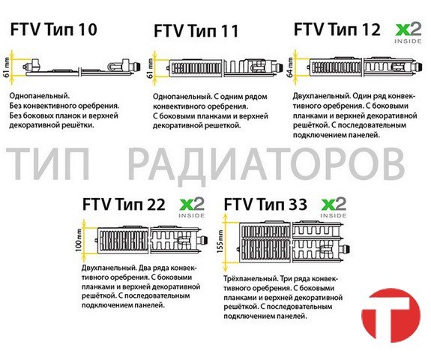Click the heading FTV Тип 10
pyautogui.click(x=54, y=29)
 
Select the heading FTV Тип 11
pyautogui.click(x=196, y=31)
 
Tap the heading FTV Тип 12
pyautogui.click(x=337, y=29)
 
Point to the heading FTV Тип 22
pyautogui.click(x=124, y=205)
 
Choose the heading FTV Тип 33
pyautogui.click(x=265, y=205)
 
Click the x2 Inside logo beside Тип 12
pyautogui.click(x=409, y=33)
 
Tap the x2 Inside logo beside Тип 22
pyautogui.click(x=192, y=208)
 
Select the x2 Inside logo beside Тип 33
pyautogui.click(x=334, y=208)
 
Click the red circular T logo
pyautogui.click(x=391, y=316)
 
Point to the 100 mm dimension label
pyautogui.click(x=79, y=240)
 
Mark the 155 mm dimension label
pyautogui.click(x=220, y=242)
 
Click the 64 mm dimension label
pyautogui.click(x=290, y=67)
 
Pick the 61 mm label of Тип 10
pyautogui.click(x=7, y=67)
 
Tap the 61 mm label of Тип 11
pyautogui.click(x=151, y=67)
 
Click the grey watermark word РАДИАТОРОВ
pyautogui.click(x=266, y=164)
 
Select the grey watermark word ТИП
pyautogui.click(x=48, y=164)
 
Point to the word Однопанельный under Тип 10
pyautogui.click(x=40, y=96)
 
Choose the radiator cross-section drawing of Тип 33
pyautogui.click(x=294, y=241)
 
